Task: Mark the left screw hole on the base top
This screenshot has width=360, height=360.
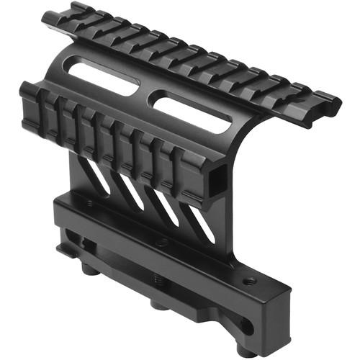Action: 89,204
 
